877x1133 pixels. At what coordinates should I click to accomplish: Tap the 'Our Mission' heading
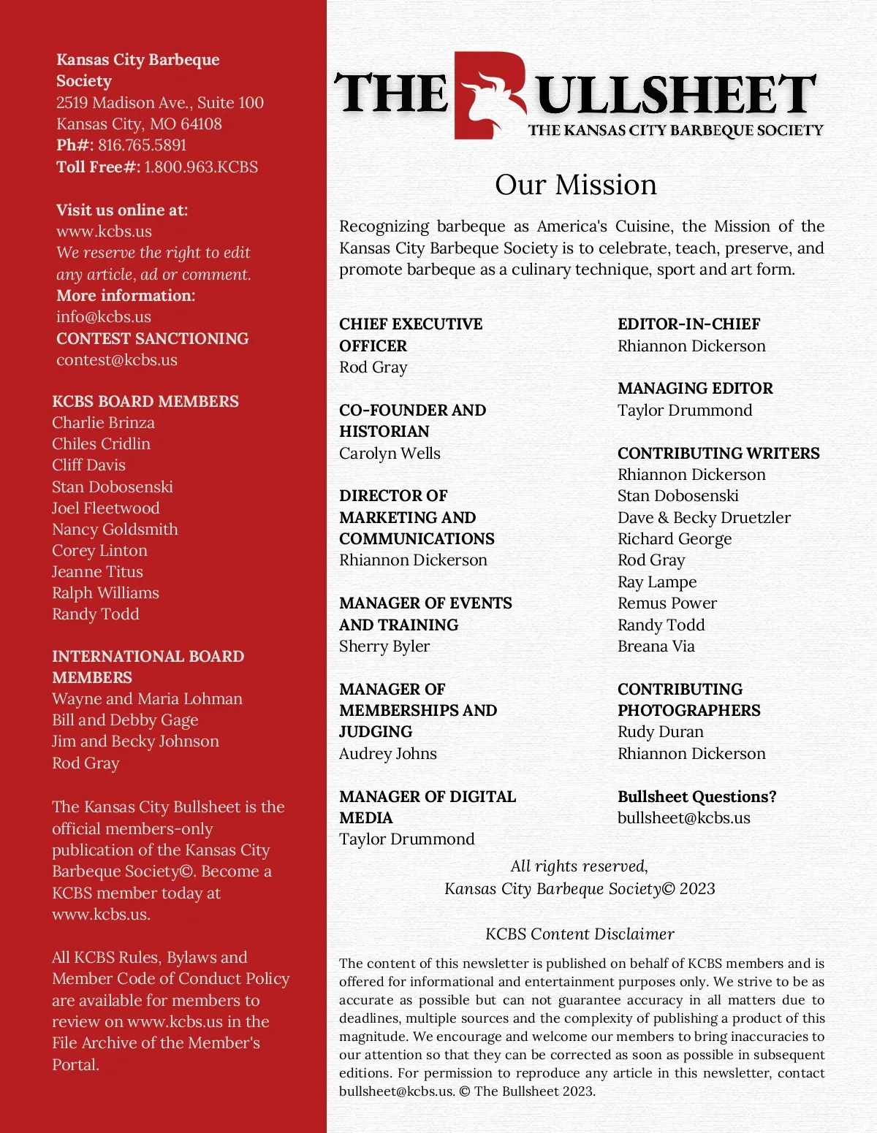(x=576, y=185)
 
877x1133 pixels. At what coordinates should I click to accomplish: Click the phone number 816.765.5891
(x=142, y=145)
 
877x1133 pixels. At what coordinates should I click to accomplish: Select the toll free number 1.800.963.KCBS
(x=201, y=167)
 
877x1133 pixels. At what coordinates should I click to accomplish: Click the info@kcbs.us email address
(x=104, y=317)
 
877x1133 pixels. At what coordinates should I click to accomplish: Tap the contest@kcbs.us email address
(x=117, y=360)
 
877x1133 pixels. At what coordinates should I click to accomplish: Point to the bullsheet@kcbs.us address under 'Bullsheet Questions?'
(x=683, y=818)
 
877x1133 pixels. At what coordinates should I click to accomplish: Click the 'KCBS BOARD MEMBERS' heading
(x=145, y=402)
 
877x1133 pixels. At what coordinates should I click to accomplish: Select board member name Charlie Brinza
(x=103, y=423)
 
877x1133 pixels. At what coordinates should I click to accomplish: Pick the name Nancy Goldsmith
(x=115, y=530)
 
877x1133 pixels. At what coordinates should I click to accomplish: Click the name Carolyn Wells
(x=390, y=454)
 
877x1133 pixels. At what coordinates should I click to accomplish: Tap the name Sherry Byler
(x=384, y=646)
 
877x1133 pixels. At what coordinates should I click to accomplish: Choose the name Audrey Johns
(x=388, y=754)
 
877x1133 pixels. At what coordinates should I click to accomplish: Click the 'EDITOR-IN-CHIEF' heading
(x=688, y=324)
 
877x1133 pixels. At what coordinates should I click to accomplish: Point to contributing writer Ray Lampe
(x=657, y=582)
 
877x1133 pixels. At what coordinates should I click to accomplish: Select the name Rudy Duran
(x=661, y=732)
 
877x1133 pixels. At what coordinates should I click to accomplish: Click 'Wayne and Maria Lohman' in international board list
(x=147, y=699)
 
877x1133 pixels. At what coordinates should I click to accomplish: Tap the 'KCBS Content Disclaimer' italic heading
(x=580, y=934)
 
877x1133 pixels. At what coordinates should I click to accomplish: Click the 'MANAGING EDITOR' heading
(x=695, y=389)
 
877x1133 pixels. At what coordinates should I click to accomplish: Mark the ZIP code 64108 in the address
(x=201, y=124)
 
